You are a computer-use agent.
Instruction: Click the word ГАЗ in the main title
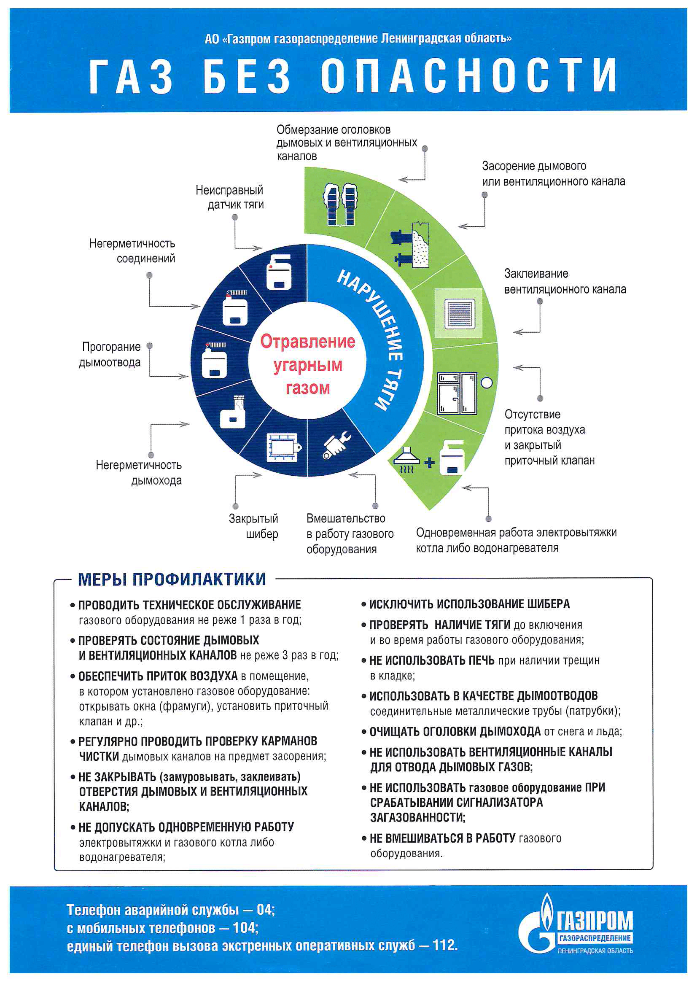click(x=131, y=76)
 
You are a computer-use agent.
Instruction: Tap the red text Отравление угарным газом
click(x=307, y=365)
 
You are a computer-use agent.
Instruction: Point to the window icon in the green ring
click(x=457, y=393)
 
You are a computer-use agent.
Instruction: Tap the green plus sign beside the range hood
click(x=429, y=463)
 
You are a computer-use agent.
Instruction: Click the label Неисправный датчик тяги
click(x=230, y=197)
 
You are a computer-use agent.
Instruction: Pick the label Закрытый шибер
click(x=254, y=526)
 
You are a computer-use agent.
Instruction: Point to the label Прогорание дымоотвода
click(x=110, y=354)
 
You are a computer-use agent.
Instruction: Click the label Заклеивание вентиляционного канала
click(x=565, y=281)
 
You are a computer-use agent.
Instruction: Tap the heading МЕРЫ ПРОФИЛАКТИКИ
click(x=172, y=579)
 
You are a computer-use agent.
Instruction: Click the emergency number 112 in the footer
click(x=444, y=945)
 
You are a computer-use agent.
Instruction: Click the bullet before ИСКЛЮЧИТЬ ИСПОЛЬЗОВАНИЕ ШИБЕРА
click(x=363, y=605)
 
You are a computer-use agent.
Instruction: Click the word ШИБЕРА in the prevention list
click(x=545, y=604)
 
